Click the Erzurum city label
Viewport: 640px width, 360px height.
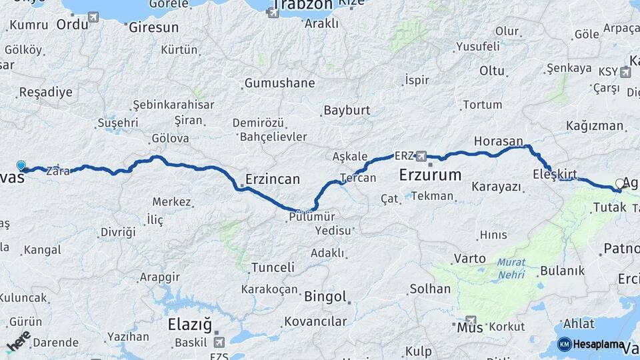pos(430,176)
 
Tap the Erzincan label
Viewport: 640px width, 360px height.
pos(273,179)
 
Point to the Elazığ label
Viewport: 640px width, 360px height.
pos(190,326)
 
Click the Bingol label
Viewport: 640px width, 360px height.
pos(325,297)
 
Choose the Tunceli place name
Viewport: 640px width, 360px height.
pos(273,267)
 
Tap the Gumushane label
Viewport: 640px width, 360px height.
pos(279,83)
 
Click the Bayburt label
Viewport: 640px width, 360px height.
pos(346,110)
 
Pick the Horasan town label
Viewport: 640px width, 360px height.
pos(498,141)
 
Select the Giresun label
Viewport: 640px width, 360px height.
pos(153,28)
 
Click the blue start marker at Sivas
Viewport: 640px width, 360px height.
pos(21,165)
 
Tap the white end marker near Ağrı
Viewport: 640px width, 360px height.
pos(620,183)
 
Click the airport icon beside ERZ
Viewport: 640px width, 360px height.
pos(421,157)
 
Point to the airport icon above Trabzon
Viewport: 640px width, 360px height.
pos(273,13)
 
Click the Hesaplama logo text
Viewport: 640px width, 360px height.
pos(599,345)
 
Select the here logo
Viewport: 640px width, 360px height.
pos(18,341)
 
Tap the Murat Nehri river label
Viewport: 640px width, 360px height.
pos(511,269)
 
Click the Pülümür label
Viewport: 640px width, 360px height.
pos(312,216)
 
